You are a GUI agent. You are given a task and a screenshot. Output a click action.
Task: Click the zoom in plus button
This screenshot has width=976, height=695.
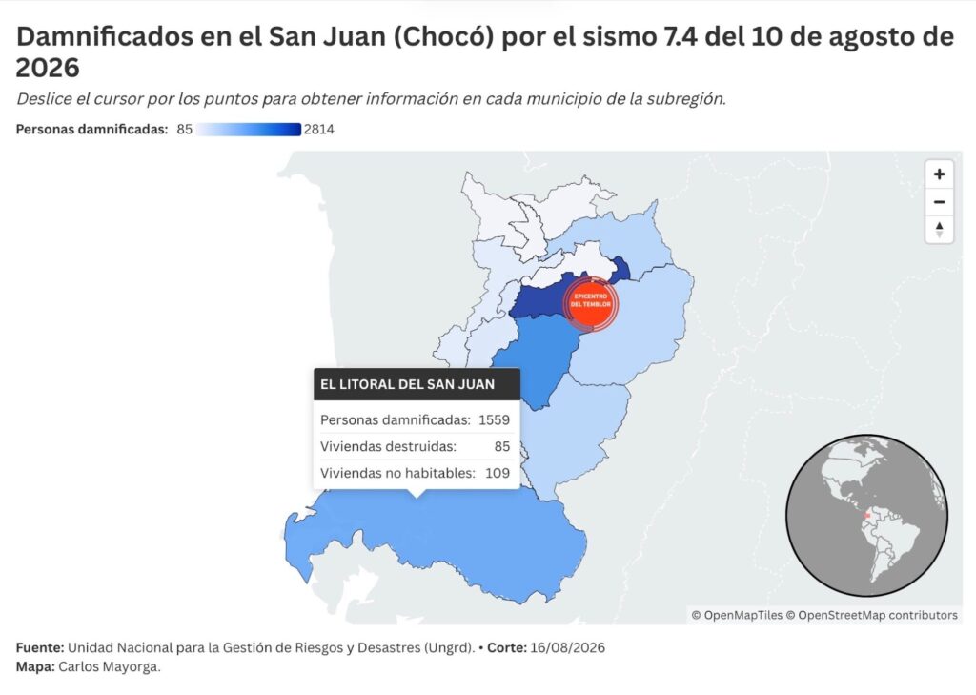tap(939, 174)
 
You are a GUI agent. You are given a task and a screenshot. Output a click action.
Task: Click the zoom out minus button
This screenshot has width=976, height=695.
tap(939, 202)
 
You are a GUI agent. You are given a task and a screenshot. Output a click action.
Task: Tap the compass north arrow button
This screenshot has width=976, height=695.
tap(939, 229)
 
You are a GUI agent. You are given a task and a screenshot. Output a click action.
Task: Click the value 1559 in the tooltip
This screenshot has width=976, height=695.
tap(495, 420)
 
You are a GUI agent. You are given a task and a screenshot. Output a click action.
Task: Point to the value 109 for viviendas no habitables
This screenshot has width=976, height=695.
tap(498, 473)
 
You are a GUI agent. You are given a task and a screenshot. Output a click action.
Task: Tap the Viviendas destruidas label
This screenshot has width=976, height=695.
tap(389, 446)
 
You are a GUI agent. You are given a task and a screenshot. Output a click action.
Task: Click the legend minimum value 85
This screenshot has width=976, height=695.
tap(184, 130)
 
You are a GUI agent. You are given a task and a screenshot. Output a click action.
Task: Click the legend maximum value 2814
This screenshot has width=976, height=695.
tap(318, 130)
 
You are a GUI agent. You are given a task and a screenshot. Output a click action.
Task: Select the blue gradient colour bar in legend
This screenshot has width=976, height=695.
tap(249, 130)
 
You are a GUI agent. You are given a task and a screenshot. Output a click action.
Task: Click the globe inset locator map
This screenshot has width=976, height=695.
tap(866, 516)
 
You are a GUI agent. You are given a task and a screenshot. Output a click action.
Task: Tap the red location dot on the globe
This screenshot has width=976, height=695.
tap(867, 515)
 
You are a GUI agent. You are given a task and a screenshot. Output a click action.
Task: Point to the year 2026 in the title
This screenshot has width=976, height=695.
tap(48, 68)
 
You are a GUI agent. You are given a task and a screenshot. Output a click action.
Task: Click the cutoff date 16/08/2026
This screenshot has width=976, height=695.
tap(567, 647)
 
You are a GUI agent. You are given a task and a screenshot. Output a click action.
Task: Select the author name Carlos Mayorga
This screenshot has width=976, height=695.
tap(110, 667)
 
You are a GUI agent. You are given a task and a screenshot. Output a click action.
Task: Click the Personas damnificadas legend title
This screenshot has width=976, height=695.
tap(92, 130)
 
